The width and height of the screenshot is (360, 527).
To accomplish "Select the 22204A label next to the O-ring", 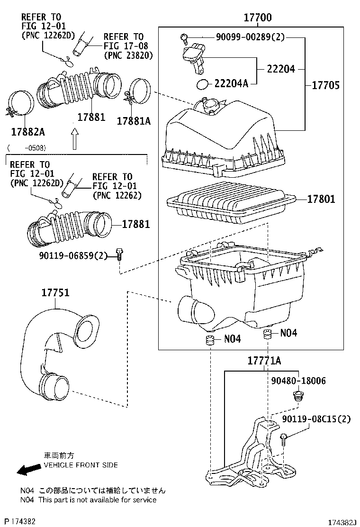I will tap(231, 84).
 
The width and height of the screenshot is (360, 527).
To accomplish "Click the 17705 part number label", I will tap(326, 85).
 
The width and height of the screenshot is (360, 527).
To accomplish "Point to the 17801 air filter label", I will tap(321, 199).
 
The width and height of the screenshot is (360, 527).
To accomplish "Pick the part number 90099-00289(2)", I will tap(244, 37).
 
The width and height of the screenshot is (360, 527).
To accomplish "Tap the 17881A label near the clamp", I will tap(134, 121).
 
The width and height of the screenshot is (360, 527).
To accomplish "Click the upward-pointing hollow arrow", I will tap(74, 140).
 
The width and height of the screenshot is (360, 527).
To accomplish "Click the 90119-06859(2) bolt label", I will tap(73, 255).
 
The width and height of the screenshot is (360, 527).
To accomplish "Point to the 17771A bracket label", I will tap(264, 361).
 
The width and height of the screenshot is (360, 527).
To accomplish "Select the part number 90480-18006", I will tap(298, 381).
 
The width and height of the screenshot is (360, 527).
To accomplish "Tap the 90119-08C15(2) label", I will tap(316, 419).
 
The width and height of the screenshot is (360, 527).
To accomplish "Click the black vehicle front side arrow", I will tap(28, 469).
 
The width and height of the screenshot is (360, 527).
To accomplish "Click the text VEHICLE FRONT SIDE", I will tap(81, 465).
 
